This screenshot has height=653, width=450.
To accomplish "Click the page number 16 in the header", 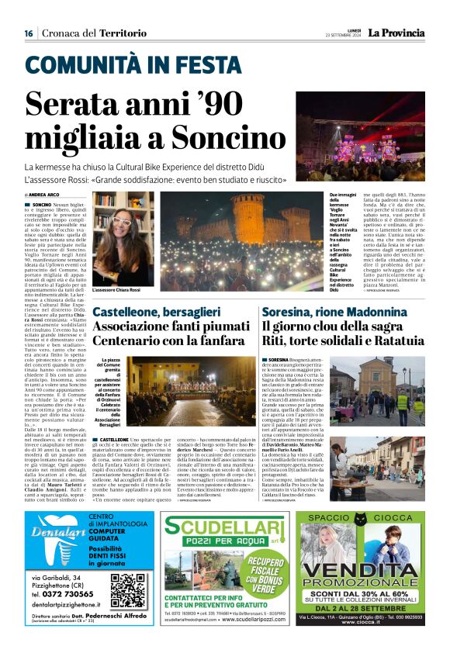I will click(29, 33).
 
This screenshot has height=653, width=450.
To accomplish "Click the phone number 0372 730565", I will click(63, 593).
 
